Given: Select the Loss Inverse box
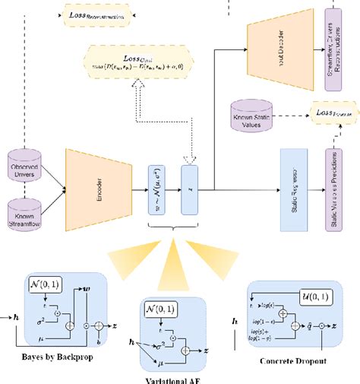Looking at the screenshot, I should coord(333,112).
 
